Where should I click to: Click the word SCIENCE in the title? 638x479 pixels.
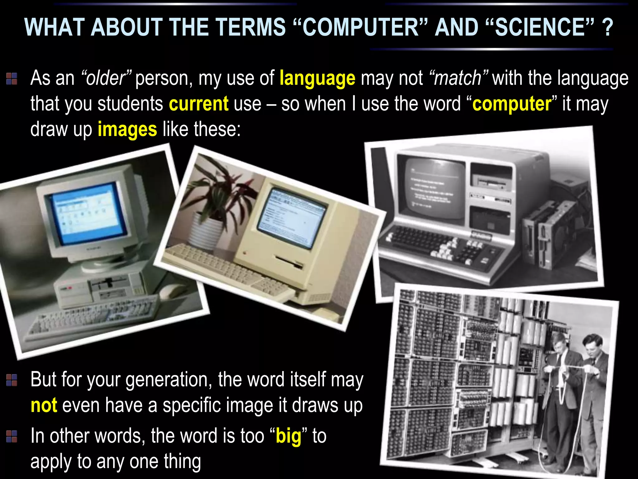[540, 27]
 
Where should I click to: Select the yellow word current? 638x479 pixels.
[198, 104]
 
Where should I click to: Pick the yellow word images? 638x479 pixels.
[127, 129]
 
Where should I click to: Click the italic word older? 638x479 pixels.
[106, 78]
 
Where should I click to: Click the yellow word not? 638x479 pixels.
[44, 405]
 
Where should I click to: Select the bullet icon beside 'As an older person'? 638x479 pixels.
[12, 79]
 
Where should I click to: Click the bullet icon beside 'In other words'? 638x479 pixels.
[12, 436]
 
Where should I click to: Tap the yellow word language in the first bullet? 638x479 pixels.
[317, 78]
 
